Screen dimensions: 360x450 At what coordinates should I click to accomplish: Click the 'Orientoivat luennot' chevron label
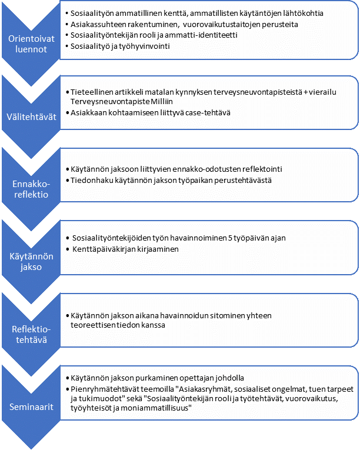coord(31,44)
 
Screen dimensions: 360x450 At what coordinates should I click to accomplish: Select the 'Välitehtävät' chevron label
coord(31,117)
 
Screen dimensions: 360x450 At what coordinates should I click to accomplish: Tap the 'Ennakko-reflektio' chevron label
coord(31,189)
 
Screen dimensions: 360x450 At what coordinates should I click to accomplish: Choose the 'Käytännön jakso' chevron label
coord(31,261)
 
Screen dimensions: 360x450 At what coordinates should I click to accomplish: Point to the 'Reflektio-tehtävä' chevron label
coord(31,334)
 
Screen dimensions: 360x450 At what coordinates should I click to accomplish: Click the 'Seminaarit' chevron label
coord(31,406)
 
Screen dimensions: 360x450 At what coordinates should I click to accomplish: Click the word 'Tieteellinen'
coord(92,92)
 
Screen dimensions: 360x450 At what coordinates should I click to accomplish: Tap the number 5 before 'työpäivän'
coord(230,238)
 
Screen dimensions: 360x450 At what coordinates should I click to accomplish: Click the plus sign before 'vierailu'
coord(305,92)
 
